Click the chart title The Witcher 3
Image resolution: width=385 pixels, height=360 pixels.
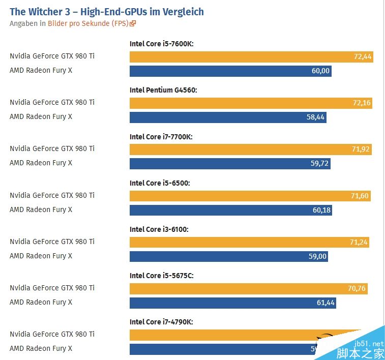106,11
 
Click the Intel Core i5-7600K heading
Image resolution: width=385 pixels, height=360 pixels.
162,44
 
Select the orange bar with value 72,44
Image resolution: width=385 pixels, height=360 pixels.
251,57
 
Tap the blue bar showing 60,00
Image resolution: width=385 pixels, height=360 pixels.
230,71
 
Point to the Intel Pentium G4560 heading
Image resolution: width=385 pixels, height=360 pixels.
163,90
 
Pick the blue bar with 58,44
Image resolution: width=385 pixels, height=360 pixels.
228,117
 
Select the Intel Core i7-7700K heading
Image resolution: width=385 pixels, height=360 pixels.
161,137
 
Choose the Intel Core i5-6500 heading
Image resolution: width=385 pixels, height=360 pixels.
160,183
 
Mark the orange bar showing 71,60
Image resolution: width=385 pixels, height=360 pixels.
250,196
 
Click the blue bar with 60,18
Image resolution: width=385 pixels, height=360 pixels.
230,209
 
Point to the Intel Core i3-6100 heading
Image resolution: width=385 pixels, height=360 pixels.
159,229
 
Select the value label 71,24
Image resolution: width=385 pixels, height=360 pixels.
359,242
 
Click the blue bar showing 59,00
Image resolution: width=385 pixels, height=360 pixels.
228,256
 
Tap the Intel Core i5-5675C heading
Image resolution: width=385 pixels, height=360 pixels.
161,276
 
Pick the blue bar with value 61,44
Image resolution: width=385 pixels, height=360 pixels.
232,303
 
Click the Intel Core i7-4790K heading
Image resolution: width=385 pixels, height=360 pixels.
161,322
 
